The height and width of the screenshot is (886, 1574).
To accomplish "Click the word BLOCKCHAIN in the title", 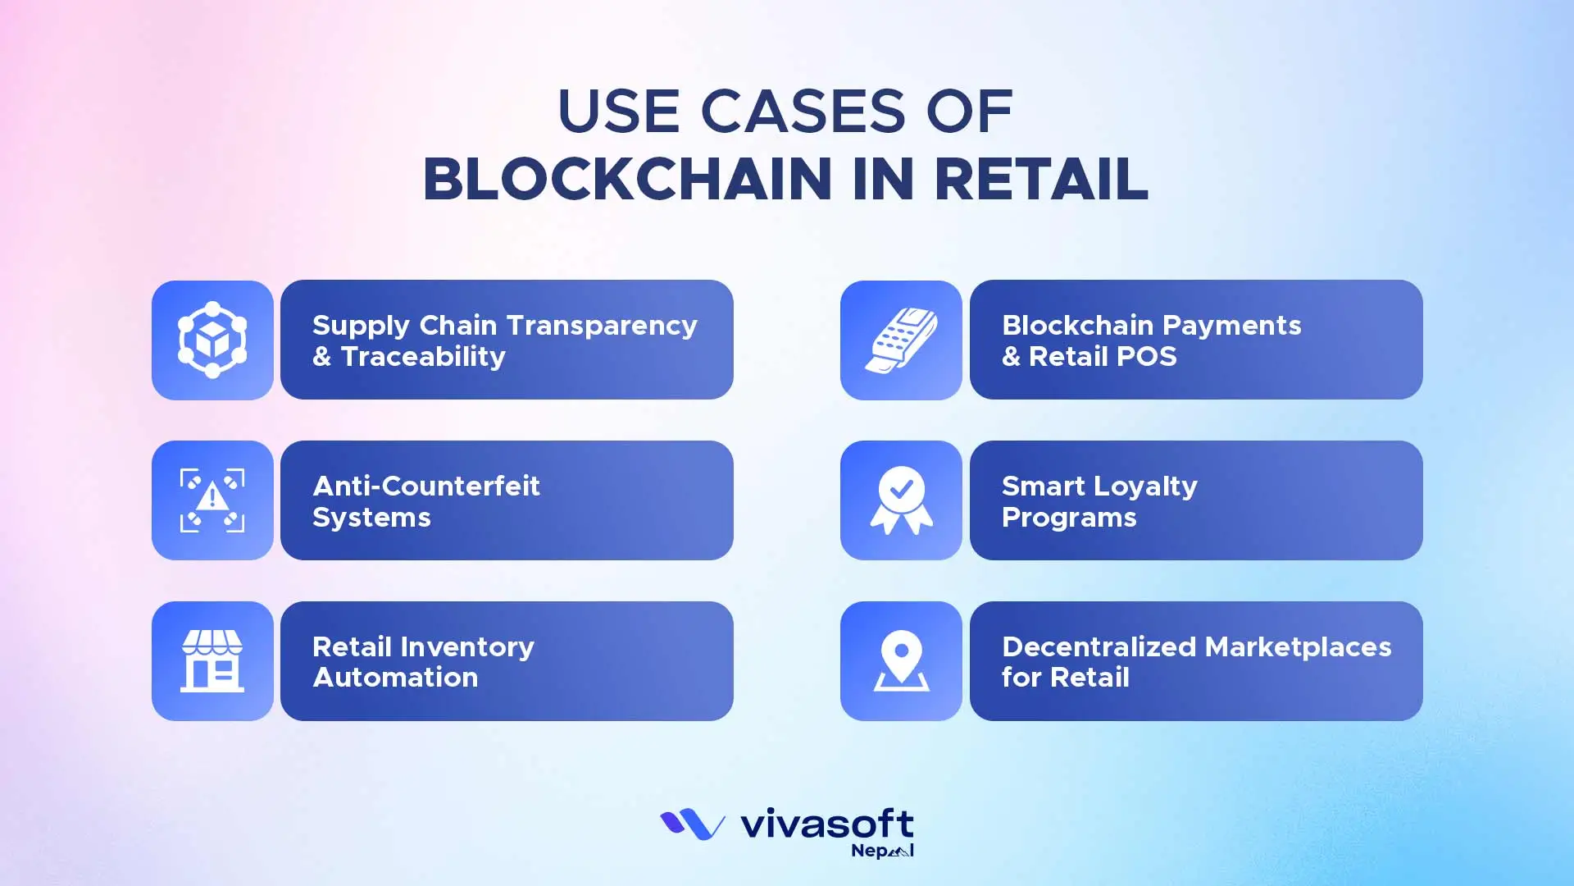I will [x=627, y=179].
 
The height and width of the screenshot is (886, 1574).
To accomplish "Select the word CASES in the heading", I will [x=803, y=112].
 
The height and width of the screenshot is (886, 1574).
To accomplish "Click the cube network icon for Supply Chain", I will [x=212, y=340].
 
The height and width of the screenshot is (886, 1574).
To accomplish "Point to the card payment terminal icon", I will [x=901, y=340].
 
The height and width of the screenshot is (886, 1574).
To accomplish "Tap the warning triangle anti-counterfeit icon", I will [x=212, y=500].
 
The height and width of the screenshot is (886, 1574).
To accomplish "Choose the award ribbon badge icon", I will [x=901, y=500].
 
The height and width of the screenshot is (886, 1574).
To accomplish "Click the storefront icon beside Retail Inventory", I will [x=212, y=660].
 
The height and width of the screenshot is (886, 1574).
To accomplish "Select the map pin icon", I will [x=901, y=660].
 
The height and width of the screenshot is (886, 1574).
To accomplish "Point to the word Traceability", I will [x=423, y=357].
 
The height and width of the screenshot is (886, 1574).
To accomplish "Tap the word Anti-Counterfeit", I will [x=426, y=486].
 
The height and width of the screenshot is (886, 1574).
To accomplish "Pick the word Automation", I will [x=395, y=678].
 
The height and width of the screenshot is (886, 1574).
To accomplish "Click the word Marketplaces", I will [x=1299, y=646].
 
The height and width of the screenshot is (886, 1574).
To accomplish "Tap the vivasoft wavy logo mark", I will [x=692, y=824].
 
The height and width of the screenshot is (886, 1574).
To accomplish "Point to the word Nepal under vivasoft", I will [x=882, y=851].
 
